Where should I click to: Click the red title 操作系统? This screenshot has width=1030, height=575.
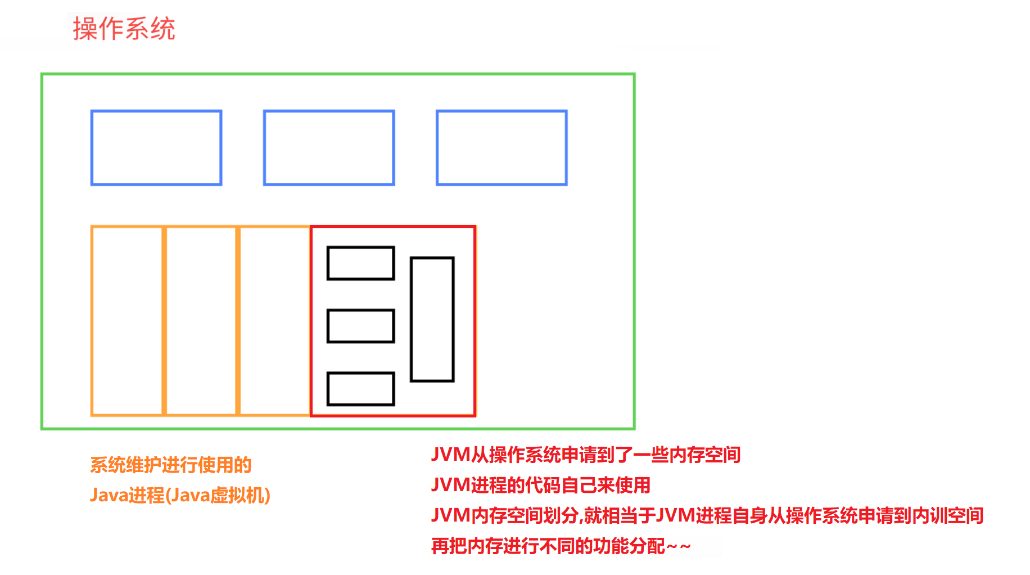(x=124, y=29)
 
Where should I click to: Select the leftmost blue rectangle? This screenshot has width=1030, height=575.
(x=156, y=148)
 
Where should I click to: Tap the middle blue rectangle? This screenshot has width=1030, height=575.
(x=329, y=148)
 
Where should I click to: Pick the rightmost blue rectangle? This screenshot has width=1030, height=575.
(x=502, y=148)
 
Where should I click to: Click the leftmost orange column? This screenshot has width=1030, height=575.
(x=127, y=321)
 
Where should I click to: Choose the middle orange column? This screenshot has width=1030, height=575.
(x=201, y=321)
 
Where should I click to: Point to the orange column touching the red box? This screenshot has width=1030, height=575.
(x=275, y=321)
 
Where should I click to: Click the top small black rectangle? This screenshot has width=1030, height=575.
(x=360, y=263)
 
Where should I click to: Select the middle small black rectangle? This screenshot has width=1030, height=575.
(x=360, y=326)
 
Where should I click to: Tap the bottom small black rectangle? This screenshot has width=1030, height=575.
(x=360, y=389)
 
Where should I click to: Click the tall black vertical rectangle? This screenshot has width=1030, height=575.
(x=432, y=319)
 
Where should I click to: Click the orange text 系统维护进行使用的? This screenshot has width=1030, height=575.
(x=170, y=465)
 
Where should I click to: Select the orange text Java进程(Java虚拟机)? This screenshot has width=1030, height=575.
(x=180, y=495)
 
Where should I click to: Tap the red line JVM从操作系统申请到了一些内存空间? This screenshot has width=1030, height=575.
(x=585, y=455)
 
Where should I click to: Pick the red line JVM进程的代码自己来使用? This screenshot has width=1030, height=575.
(x=540, y=485)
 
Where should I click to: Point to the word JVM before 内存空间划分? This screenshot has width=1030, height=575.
(x=450, y=515)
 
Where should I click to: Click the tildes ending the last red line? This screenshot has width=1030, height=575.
(x=678, y=546)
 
